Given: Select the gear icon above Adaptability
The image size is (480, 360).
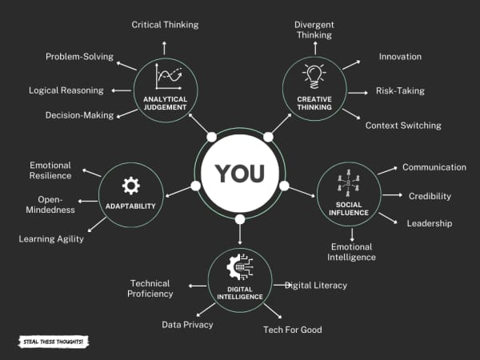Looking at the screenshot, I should (130, 186).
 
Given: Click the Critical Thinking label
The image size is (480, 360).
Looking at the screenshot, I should (165, 25).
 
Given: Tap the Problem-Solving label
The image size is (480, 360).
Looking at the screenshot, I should (79, 57).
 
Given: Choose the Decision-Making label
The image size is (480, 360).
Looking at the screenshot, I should (79, 115).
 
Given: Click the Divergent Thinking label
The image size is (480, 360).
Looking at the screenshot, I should (314, 30).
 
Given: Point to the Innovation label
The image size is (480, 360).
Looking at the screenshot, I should (400, 57).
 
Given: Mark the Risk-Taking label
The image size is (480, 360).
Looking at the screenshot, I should (400, 91).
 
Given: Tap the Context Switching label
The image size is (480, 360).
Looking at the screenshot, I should (403, 126).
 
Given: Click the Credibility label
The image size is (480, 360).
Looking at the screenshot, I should (430, 196).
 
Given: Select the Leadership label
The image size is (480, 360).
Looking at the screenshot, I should (430, 223).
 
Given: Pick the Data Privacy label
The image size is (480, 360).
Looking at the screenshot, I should (187, 325).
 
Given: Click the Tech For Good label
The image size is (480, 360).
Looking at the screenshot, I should (293, 330).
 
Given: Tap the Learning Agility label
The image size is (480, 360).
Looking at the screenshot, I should (51, 238).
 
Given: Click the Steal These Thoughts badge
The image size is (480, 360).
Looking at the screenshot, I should (52, 342).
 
